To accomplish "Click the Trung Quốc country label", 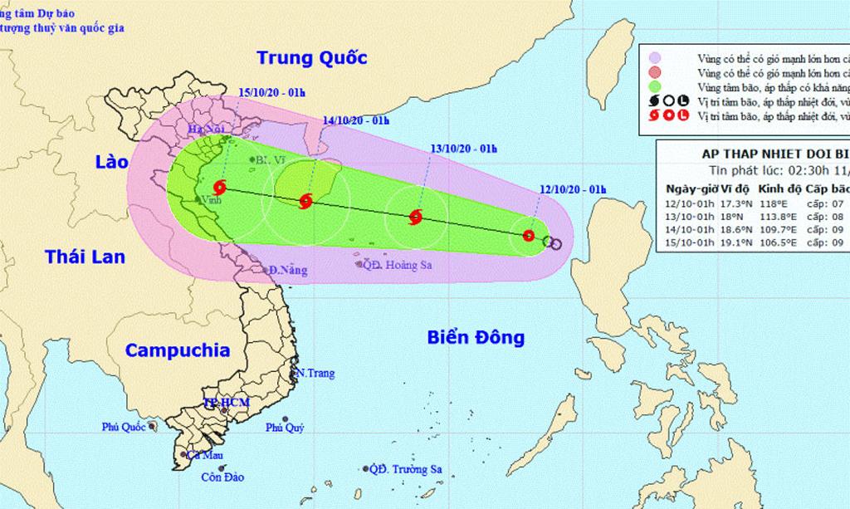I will tap(311, 57).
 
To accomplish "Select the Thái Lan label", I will tap(85, 256).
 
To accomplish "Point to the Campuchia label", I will tap(178, 350).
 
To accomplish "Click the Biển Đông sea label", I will tap(476, 337).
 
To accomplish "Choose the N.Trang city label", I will tap(316, 373).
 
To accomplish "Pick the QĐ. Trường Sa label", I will tap(407, 469).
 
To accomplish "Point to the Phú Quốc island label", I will tap(125, 427).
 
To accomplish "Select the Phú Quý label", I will tap(285, 428).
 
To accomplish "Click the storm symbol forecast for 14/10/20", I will tap(305, 200).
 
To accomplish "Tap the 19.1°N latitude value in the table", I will tap(726, 242).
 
